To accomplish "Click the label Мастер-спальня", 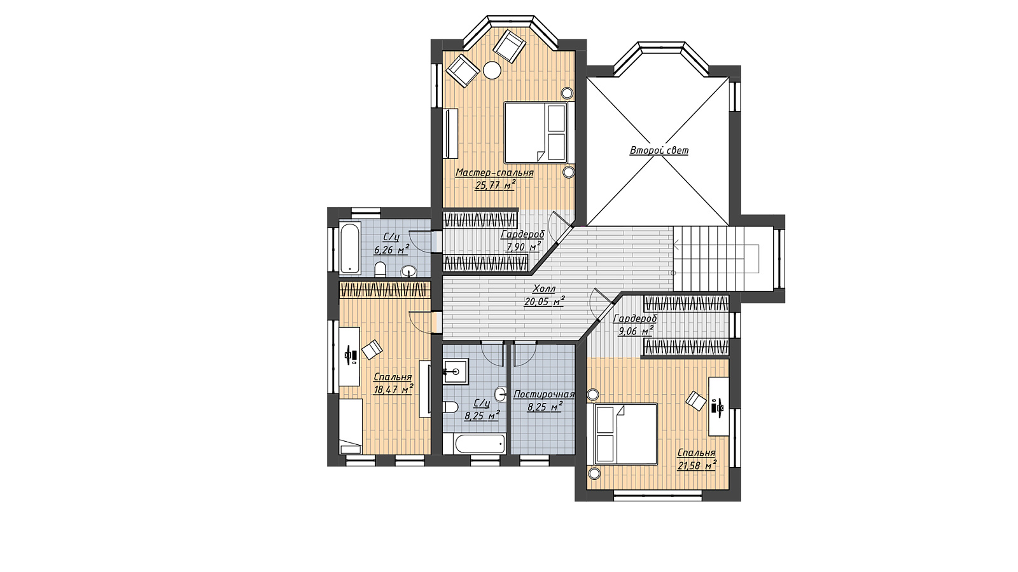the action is pos(494,173).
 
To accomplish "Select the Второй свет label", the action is pos(659,150).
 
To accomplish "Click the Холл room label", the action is pos(544,289).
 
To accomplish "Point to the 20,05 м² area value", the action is pos(545,301).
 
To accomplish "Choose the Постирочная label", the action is pos(544,395).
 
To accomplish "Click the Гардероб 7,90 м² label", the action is pos(522,241).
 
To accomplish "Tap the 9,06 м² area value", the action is pos(636,331).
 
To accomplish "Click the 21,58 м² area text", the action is pos(697,465).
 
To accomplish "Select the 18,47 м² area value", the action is pos(393,389).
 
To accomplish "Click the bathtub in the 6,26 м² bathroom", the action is pos(351,247).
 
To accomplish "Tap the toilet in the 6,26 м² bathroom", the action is pos(380,269).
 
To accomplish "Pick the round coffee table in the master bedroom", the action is pos(492,71).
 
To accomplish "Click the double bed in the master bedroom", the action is pos(536,133).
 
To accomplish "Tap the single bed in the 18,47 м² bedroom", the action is pos(351,426).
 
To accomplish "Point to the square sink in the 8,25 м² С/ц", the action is pos(455,371).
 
